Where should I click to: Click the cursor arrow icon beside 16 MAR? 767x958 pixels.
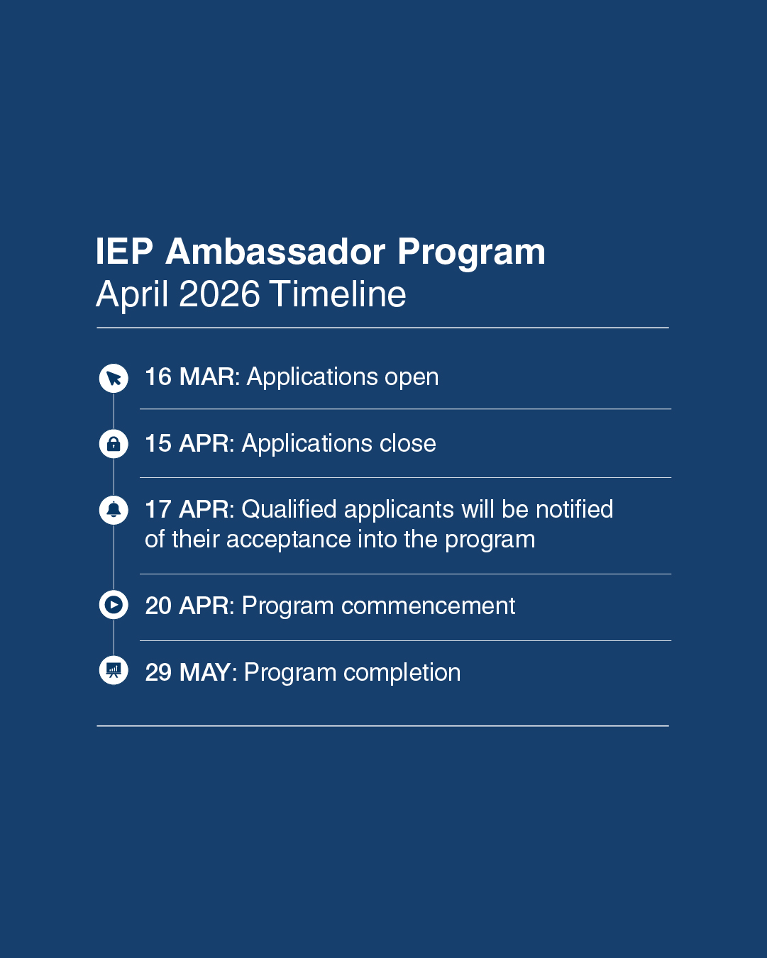pos(114,379)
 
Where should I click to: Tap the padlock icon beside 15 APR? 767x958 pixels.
pos(114,444)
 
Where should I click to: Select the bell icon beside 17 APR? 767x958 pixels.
pos(114,510)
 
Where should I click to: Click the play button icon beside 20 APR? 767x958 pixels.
pos(114,605)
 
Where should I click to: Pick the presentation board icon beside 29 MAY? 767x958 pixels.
pos(114,670)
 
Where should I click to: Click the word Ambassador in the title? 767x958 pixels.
pos(275,252)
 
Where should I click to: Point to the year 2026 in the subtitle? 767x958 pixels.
pos(219,294)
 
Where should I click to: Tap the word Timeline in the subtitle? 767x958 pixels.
pos(338,294)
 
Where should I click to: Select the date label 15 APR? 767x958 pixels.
pos(187,443)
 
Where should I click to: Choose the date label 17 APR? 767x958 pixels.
pos(187,509)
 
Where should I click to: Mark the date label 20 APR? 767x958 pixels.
pos(187,606)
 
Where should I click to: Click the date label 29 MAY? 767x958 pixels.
pos(189,672)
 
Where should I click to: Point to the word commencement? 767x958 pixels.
pos(428,607)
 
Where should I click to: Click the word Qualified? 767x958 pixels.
pos(289,509)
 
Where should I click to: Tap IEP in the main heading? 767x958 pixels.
pos(124,252)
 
